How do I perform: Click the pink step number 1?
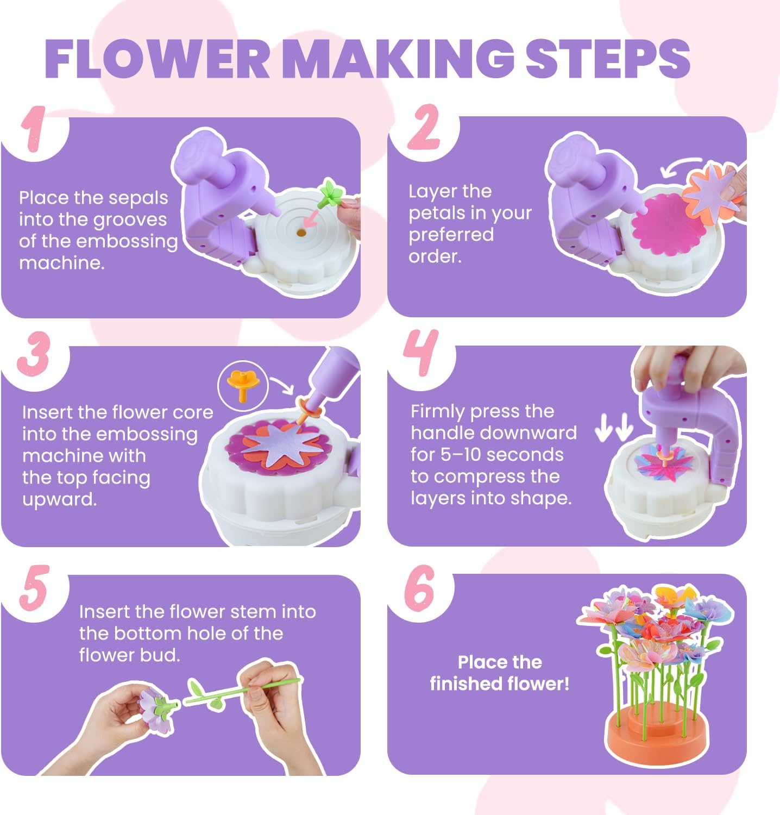coord(34,129)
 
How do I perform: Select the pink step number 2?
coord(424,128)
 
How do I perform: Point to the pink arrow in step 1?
coord(311,219)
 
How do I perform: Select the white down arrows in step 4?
coord(614,427)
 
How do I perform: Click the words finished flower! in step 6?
coord(500,684)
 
